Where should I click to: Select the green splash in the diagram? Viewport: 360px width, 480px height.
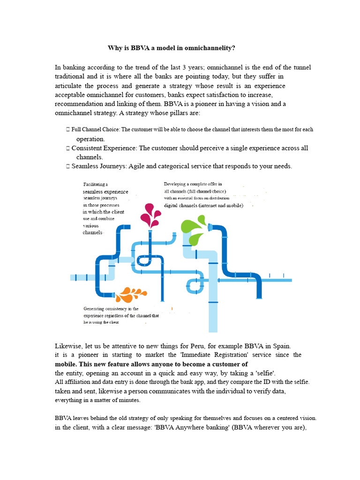pos(194,229)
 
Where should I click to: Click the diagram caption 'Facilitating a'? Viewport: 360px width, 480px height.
pos(96,184)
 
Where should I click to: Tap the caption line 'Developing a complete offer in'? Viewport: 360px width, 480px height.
pos(193,184)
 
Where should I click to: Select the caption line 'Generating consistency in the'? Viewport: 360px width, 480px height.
pos(111,309)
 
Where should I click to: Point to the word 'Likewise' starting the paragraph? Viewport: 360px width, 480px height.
pos(68,346)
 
